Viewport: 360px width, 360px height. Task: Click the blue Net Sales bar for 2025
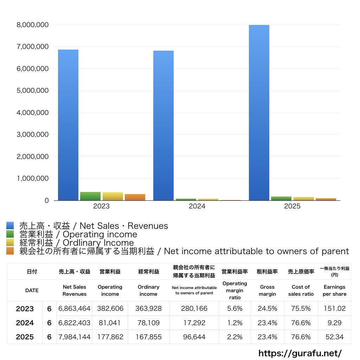click(x=259, y=113)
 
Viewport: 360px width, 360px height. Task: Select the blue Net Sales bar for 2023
click(x=68, y=125)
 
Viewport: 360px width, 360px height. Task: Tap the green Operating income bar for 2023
click(x=90, y=196)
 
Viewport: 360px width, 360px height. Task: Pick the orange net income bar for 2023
click(x=135, y=197)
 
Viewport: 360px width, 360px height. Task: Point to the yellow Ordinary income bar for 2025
click(x=303, y=199)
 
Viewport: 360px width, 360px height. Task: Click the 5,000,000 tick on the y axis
click(x=33, y=90)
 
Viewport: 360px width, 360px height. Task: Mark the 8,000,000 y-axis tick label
click(x=33, y=25)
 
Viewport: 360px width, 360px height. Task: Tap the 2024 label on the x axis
click(x=197, y=206)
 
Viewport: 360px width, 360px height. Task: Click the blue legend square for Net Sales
click(x=10, y=225)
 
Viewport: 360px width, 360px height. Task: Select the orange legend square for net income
click(x=10, y=251)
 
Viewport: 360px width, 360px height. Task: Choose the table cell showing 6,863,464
click(x=75, y=308)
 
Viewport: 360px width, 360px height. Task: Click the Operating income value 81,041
click(x=110, y=323)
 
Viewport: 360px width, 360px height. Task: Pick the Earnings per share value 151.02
click(x=335, y=308)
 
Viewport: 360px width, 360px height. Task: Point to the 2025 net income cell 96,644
click(x=194, y=337)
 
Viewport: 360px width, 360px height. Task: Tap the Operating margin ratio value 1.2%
click(x=234, y=323)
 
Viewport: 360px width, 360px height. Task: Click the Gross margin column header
click(x=267, y=290)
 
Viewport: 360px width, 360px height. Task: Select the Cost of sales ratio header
click(x=301, y=290)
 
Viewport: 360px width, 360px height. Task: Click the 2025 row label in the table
click(x=25, y=337)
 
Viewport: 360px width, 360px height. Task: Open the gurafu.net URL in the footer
click(x=300, y=353)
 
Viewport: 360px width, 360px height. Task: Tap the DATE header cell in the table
click(x=32, y=290)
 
